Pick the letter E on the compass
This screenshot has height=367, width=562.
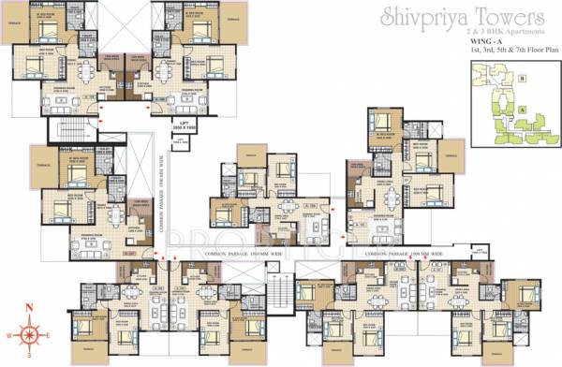click(x=51, y=334)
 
